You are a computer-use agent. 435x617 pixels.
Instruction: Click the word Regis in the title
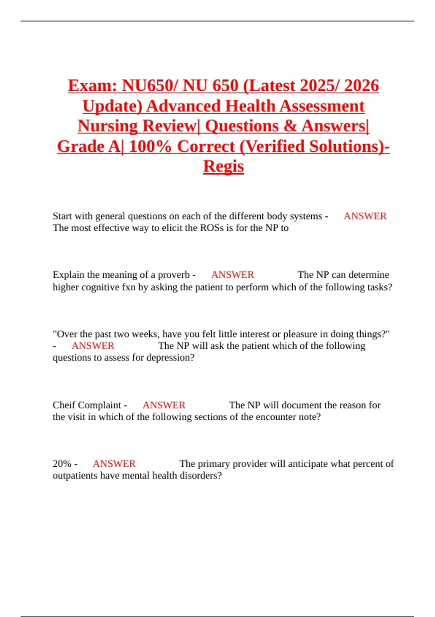[x=223, y=166]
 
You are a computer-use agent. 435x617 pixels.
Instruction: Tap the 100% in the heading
[x=150, y=146]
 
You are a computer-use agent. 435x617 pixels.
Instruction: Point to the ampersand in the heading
[x=290, y=126]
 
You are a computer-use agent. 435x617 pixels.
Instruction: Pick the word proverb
[x=174, y=275]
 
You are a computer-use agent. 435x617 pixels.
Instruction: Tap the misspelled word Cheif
[x=64, y=405]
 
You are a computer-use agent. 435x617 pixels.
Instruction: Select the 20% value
[x=62, y=464]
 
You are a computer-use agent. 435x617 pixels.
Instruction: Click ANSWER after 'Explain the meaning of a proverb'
[x=232, y=275]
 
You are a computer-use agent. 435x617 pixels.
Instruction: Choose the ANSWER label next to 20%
[x=114, y=464]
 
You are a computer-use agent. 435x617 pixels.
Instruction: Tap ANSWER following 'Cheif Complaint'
[x=164, y=405]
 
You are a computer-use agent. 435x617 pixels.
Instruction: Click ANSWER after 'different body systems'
[x=365, y=216]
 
